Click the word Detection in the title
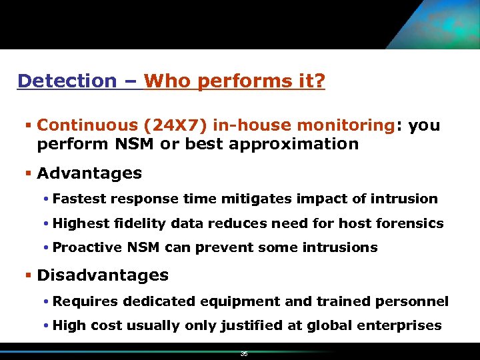[67, 81]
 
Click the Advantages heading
[89, 173]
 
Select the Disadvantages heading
[103, 275]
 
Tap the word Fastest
[80, 199]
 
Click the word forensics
[410, 223]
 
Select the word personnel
[415, 301]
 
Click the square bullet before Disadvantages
[29, 275]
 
